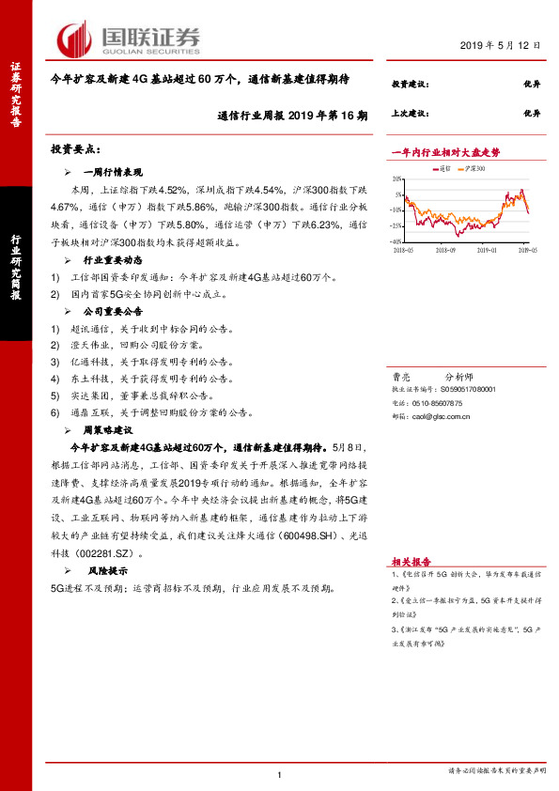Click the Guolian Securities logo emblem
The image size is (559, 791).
pyautogui.click(x=73, y=39)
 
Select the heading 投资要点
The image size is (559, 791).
pyautogui.click(x=75, y=149)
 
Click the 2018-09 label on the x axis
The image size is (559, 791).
pyautogui.click(x=444, y=250)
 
